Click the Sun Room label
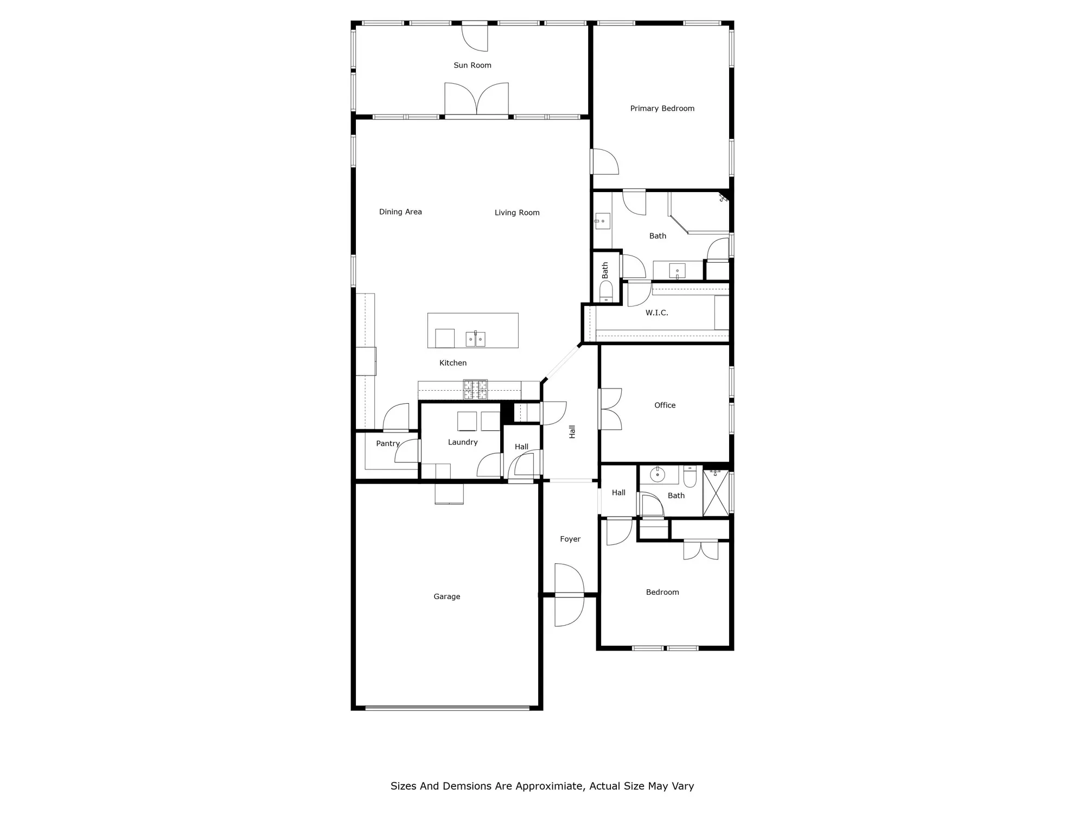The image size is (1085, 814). click(x=472, y=65)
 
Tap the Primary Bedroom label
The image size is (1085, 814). click(x=662, y=109)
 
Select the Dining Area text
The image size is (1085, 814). click(x=400, y=212)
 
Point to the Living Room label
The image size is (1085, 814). click(x=516, y=213)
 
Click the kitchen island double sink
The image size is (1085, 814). click(x=475, y=339)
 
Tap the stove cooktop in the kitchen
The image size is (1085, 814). click(x=475, y=390)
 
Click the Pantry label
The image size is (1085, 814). click(x=388, y=443)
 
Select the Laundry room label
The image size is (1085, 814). click(x=463, y=442)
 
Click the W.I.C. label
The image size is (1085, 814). click(x=656, y=313)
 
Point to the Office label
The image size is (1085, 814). click(x=665, y=405)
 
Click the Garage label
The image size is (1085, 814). click(x=446, y=596)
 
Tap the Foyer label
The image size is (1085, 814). click(x=570, y=539)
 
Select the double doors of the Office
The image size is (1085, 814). click(x=610, y=409)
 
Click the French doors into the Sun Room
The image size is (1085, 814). click(x=476, y=100)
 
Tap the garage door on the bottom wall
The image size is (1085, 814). click(x=447, y=707)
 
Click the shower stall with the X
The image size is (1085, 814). click(x=716, y=493)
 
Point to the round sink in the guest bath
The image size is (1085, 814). click(x=658, y=475)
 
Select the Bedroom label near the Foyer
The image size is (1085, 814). click(x=662, y=592)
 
